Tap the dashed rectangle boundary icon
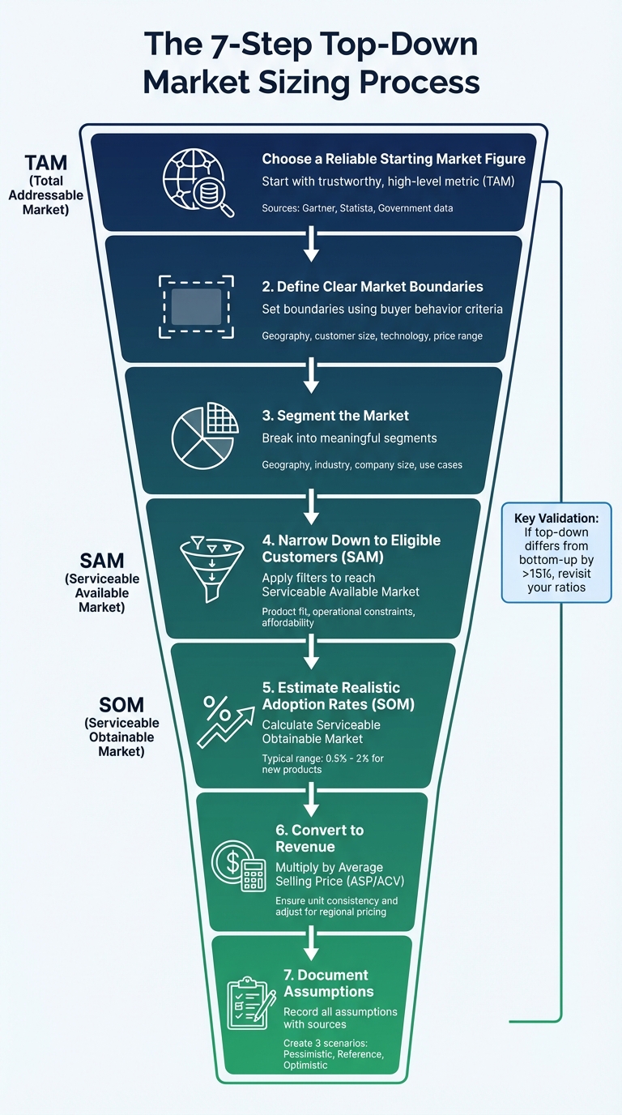point(196,306)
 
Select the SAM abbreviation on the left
point(102,561)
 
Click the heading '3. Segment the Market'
point(335,416)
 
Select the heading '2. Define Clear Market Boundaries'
point(373,286)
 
